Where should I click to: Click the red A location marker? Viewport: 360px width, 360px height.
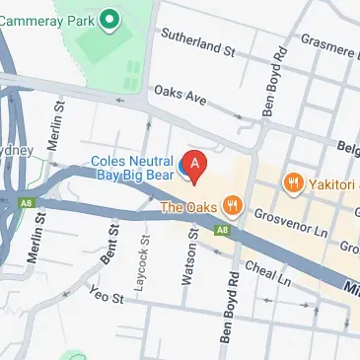[195, 166]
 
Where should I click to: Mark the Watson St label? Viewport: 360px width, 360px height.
[186, 256]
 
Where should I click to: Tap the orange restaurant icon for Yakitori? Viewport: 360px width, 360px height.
[292, 182]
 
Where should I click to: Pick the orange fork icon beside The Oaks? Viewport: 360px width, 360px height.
[232, 206]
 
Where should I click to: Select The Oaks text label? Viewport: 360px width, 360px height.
[188, 207]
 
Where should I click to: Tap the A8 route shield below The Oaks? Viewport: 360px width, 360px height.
[224, 231]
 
